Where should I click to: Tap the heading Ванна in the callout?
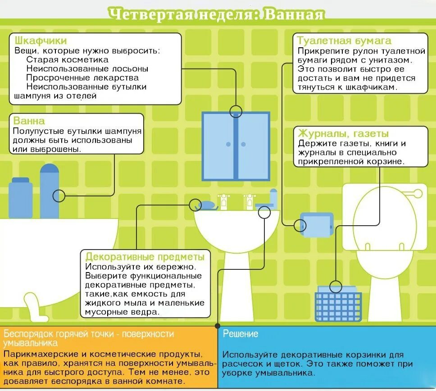coord(29,121)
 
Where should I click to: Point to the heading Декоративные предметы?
coord(145,257)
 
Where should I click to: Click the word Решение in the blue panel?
coord(241,334)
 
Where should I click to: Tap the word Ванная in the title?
coord(294,14)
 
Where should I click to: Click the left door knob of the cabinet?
coord(228,144)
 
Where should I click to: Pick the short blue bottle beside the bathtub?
coord(21,198)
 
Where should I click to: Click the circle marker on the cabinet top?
coord(236,111)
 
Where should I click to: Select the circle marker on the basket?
coord(336,286)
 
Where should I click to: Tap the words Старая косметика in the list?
coord(68,59)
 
